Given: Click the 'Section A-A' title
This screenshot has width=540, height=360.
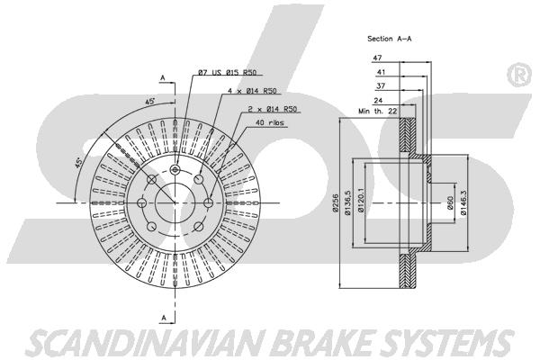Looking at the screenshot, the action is click(x=389, y=39).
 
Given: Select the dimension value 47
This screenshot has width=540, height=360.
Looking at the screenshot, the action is click(x=377, y=58).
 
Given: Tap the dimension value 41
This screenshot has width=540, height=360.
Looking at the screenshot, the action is click(x=381, y=72).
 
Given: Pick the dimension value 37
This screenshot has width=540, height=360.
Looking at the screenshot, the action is click(x=381, y=85).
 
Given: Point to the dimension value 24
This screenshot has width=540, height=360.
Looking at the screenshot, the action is click(x=378, y=101).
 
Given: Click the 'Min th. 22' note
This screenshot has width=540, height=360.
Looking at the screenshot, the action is click(x=378, y=112).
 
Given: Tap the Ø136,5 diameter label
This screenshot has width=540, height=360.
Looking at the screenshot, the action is click(x=347, y=203).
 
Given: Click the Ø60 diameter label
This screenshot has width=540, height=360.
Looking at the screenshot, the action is click(x=450, y=203).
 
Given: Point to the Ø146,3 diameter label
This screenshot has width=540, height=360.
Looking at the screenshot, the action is click(x=463, y=203).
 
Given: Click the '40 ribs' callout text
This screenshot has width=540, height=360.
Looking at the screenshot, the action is click(x=270, y=122).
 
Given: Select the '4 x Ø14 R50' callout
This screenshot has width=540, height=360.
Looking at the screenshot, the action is click(x=252, y=91).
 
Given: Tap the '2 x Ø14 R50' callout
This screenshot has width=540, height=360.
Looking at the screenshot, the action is click(x=273, y=109).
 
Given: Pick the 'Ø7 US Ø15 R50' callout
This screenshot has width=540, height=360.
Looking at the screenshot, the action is click(x=228, y=72).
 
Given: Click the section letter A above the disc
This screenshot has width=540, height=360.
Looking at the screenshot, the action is click(x=163, y=78).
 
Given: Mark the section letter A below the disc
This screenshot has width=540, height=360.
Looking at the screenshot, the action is click(x=164, y=318).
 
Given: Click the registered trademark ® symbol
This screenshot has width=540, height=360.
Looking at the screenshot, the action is click(x=519, y=75).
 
